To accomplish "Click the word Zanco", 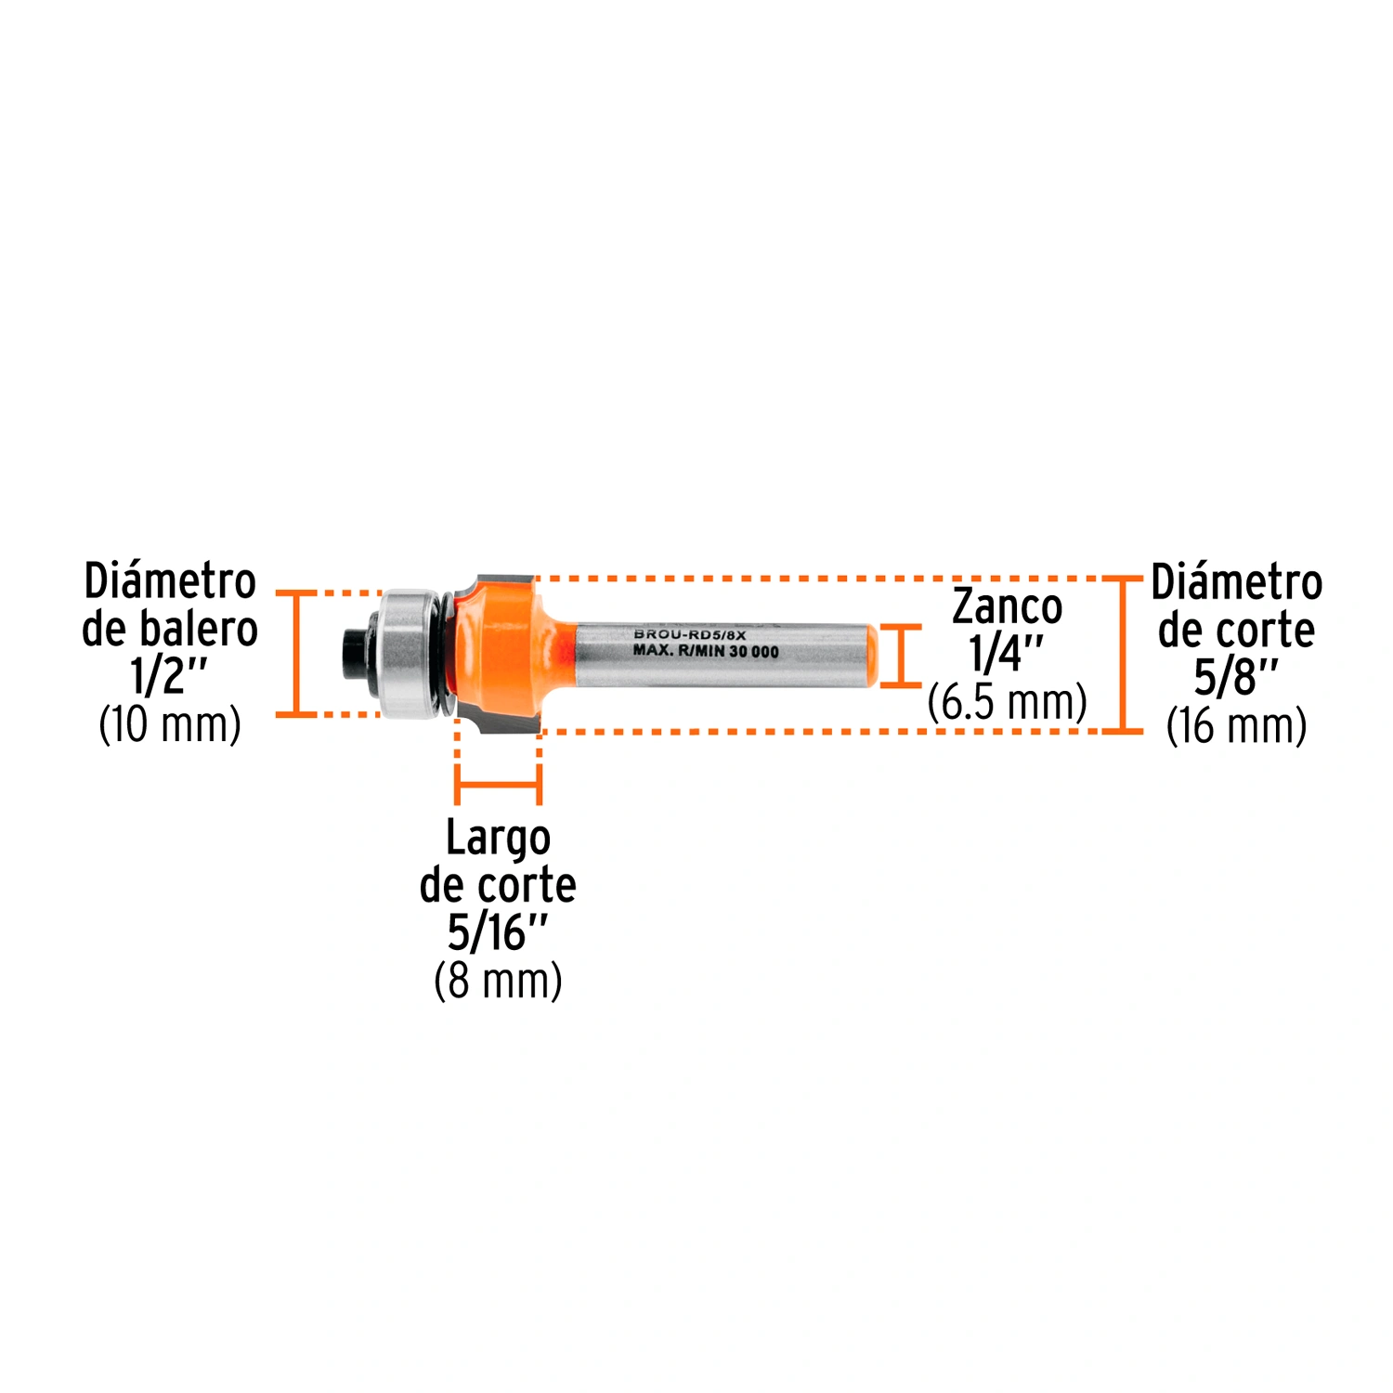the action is click(1008, 607).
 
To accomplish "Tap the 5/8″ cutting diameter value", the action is click(1236, 677).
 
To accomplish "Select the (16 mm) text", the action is click(1236, 725).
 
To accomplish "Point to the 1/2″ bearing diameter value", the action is click(169, 676).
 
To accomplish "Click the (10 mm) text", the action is click(170, 724).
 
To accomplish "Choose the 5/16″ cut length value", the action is click(498, 932).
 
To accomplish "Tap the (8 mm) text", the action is click(498, 981).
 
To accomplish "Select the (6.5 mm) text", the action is click(1008, 702).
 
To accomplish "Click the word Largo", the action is click(498, 839).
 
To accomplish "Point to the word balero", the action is click(198, 629).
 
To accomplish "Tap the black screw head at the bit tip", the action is click(355, 654).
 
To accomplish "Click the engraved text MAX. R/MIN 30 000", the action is click(706, 651).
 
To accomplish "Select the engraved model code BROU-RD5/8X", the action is click(690, 634).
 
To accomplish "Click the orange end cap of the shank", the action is click(872, 656).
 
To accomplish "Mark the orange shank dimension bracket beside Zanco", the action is click(900, 656).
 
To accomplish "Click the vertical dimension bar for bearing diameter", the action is click(296, 654).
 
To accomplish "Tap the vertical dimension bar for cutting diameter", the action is click(1123, 655).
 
